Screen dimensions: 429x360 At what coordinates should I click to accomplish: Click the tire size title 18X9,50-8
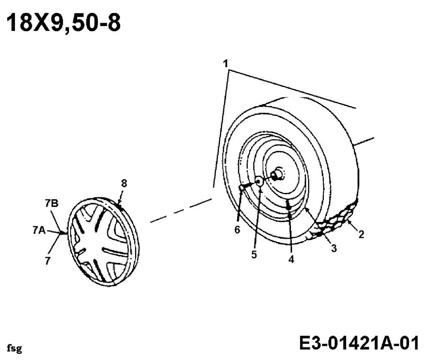pos(63,23)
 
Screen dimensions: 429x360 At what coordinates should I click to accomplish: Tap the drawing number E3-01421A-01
pos(359,343)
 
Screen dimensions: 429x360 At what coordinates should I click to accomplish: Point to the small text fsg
pos(15,348)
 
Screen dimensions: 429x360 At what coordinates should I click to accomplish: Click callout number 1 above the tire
pos(226,64)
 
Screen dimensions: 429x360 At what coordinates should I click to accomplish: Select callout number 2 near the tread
pos(361,234)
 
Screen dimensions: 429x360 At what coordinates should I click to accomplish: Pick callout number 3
pos(334,248)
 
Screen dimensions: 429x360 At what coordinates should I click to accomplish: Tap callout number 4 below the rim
pos(291,259)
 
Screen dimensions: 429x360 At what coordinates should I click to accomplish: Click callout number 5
pos(254,255)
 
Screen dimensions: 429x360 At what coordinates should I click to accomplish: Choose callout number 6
pos(237,230)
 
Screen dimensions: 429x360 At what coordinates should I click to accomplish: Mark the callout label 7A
pos(39,231)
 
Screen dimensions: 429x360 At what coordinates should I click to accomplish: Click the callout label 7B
pos(52,204)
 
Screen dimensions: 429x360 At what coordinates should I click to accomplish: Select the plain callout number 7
pos(48,261)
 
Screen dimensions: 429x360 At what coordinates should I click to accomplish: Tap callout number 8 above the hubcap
pos(124,183)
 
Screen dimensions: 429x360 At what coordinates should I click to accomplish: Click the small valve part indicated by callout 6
pos(242,188)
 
